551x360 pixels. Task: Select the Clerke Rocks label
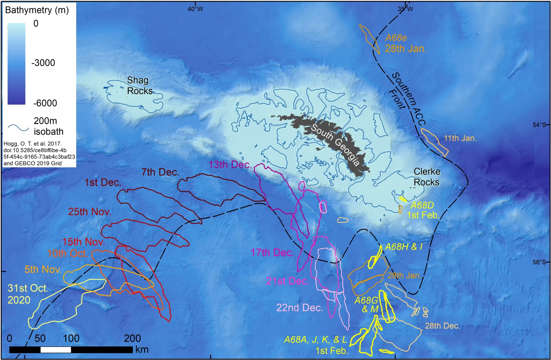click(426, 177)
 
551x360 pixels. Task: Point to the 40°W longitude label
click(195, 9)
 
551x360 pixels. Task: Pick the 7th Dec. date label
click(160, 172)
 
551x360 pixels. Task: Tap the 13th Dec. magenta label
click(230, 165)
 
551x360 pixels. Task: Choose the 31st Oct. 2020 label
click(28, 294)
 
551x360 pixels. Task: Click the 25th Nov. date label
click(90, 212)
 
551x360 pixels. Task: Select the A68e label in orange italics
click(396, 38)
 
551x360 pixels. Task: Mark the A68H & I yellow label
click(404, 247)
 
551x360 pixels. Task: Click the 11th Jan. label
click(460, 138)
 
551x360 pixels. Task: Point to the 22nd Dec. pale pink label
click(300, 308)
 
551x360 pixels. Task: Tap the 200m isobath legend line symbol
click(18, 128)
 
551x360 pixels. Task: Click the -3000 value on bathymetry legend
click(43, 63)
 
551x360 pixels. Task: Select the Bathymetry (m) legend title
click(37, 10)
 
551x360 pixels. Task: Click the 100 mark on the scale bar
click(71, 338)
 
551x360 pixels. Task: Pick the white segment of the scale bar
click(56, 350)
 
